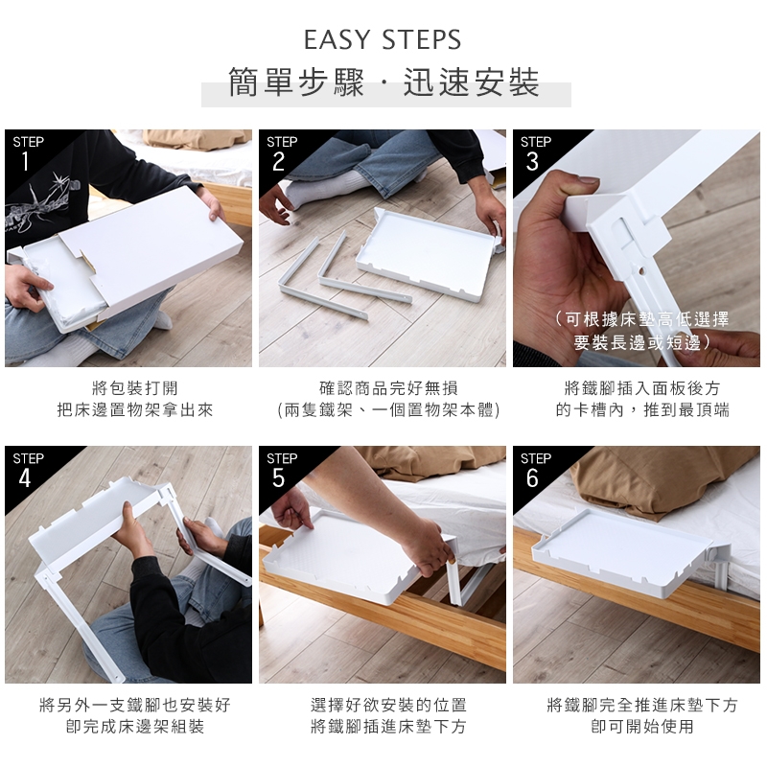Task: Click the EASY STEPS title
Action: tap(383, 39)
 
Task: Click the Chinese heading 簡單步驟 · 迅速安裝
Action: tap(384, 81)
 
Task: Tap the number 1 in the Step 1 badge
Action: tap(25, 161)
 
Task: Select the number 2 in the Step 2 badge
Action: tap(278, 161)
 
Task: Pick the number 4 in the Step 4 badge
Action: tap(25, 478)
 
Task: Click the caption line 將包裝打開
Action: tap(135, 388)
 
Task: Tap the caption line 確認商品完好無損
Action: tap(388, 388)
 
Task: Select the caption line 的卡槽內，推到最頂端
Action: tap(642, 410)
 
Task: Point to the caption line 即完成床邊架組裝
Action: tap(135, 727)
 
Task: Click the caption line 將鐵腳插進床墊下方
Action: tap(388, 727)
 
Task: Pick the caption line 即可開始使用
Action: tap(642, 727)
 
